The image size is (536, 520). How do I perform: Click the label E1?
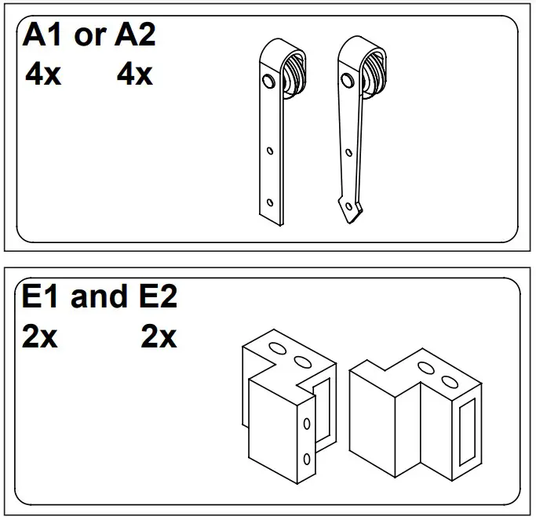(x=41, y=297)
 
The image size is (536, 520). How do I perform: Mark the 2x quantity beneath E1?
(x=39, y=337)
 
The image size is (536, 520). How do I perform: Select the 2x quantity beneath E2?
(x=159, y=337)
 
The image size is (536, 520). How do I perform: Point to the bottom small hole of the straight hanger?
(x=270, y=202)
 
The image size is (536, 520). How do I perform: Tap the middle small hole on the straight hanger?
(x=269, y=150)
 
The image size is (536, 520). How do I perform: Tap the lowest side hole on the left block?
(x=307, y=460)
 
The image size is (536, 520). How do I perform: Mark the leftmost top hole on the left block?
(x=276, y=347)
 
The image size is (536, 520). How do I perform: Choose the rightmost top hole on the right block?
(x=450, y=382)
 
